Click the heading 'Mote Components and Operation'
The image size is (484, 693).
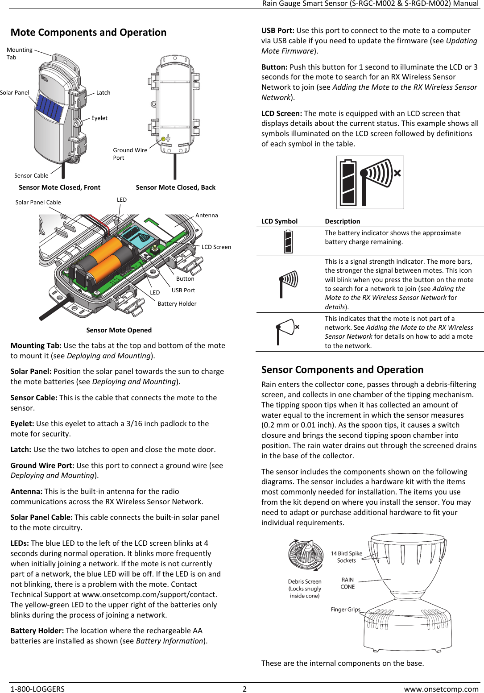(88, 33)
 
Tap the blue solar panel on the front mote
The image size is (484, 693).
(49, 109)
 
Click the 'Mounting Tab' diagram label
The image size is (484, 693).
(19, 54)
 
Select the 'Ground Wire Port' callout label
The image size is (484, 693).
(130, 154)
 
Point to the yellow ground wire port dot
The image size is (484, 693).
(163, 139)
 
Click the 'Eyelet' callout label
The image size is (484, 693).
(99, 118)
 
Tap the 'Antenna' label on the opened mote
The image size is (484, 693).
(207, 216)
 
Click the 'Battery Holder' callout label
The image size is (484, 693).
(177, 304)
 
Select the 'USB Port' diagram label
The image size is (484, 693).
(183, 290)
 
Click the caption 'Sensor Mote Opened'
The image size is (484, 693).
(119, 330)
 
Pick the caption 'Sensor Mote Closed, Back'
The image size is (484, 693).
(175, 187)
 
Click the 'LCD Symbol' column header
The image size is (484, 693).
(279, 221)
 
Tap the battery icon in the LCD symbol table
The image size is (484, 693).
(288, 241)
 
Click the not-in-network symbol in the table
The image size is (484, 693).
(287, 331)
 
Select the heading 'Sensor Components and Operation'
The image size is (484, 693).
(342, 370)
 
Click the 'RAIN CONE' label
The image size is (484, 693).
(347, 583)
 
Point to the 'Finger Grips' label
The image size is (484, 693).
(345, 610)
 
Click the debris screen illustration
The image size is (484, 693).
(306, 555)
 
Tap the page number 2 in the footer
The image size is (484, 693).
(244, 689)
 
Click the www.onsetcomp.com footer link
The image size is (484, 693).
(441, 689)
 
